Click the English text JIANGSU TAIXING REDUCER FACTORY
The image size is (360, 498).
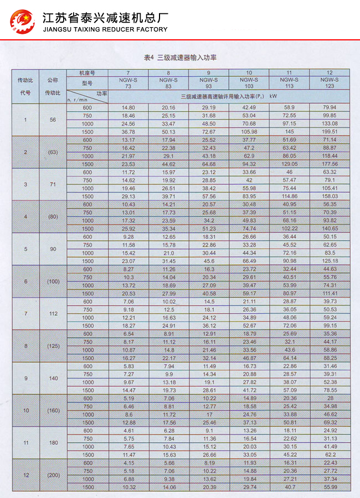[x=105, y=29]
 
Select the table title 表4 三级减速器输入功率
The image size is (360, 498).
[x=179, y=58]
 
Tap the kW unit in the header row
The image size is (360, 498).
[x=273, y=96]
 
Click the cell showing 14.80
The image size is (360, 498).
[x=128, y=107]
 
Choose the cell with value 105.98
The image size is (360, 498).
[x=249, y=132]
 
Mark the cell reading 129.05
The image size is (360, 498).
[x=289, y=164]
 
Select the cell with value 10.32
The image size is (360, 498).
[x=128, y=486]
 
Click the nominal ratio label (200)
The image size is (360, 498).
[x=53, y=475]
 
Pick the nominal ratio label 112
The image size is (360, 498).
[x=53, y=313]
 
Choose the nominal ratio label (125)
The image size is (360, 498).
[x=53, y=346]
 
